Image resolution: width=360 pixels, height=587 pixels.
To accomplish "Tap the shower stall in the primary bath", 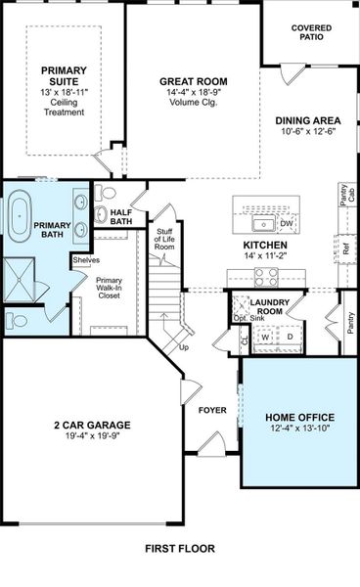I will tap(19, 276).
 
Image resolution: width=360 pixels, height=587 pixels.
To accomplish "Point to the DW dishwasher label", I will tap(287, 224).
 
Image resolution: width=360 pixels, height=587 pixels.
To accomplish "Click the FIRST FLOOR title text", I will tap(179, 549).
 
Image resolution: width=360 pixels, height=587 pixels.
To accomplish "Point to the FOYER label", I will tap(212, 411).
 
